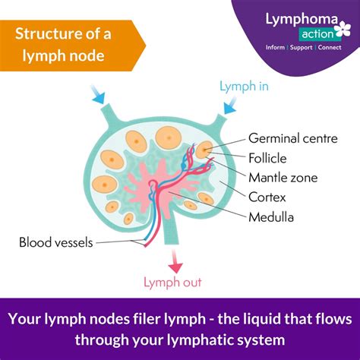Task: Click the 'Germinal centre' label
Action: [x=292, y=139]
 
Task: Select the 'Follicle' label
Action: [x=269, y=159]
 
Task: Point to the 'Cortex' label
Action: [x=267, y=197]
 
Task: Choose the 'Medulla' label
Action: [x=270, y=216]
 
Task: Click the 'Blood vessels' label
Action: [x=56, y=243]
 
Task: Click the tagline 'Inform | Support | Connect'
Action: [x=302, y=48]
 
